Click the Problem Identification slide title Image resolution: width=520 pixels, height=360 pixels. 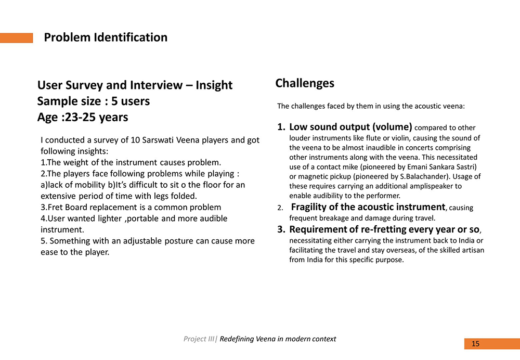point(106,37)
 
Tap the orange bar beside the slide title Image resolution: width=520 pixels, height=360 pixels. point(16,38)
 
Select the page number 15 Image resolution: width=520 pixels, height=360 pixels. point(476,344)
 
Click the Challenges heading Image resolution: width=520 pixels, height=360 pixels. point(305,83)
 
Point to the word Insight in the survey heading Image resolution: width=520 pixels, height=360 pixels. point(214,85)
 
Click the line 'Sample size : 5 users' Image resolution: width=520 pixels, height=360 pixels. point(94,101)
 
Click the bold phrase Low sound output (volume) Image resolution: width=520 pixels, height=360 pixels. point(350,127)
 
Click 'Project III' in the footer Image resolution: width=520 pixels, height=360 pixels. point(199,339)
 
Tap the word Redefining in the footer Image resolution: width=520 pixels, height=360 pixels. point(237,339)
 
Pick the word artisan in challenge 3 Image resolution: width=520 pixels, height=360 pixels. point(472,250)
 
